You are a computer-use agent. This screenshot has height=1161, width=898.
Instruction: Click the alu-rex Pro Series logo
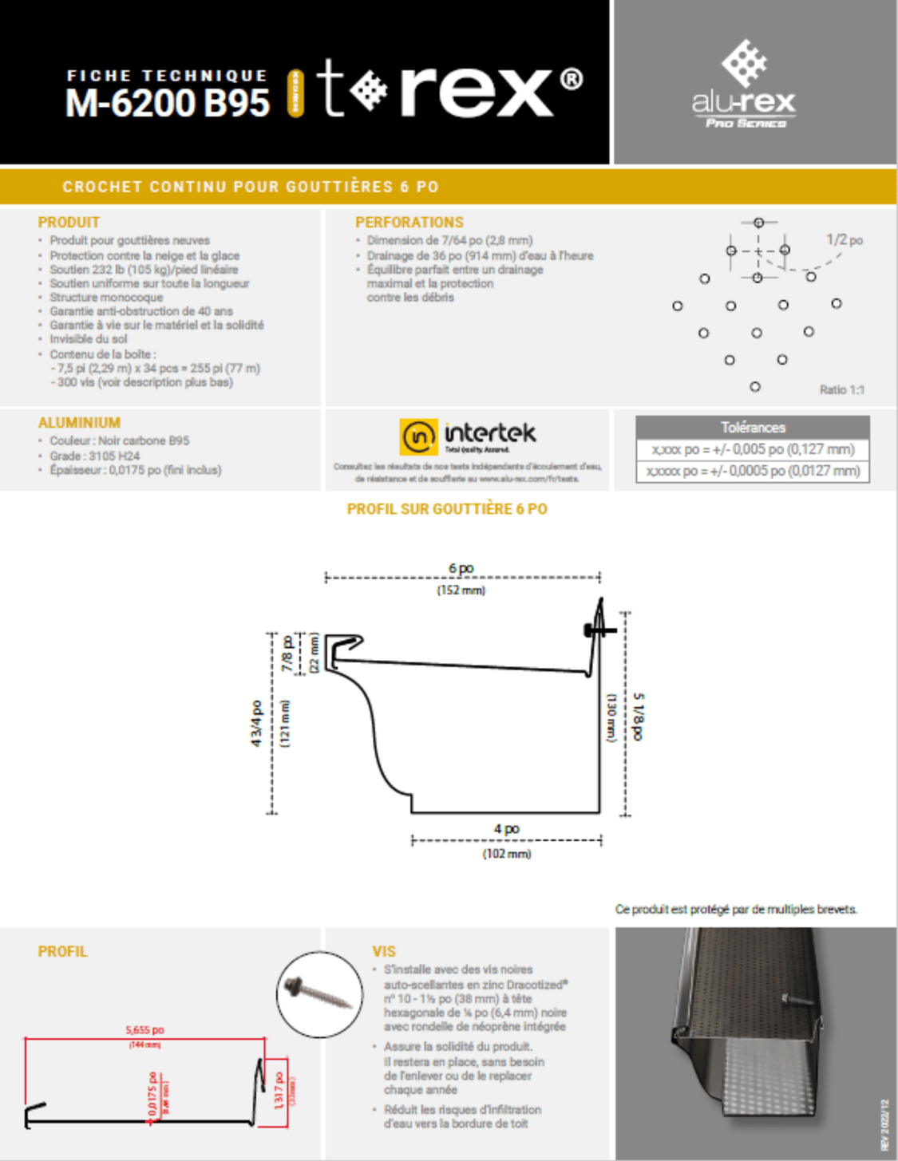coord(744,84)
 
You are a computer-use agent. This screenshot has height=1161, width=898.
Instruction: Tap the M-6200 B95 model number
coord(168,103)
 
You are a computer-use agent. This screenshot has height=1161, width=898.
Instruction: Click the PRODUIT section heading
coord(69,223)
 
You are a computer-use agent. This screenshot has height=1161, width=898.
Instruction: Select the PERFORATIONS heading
coord(409,223)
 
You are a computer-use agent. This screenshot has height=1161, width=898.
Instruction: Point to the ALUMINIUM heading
coord(79,423)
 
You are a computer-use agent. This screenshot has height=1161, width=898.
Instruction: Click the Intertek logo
coord(468,436)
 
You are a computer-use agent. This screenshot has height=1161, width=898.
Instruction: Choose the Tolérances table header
coord(753,428)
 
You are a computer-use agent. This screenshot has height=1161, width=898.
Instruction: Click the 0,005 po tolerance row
coord(753,449)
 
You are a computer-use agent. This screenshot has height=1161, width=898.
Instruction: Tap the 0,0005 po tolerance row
coord(753,471)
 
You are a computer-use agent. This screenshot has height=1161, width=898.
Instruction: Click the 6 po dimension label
coord(461,568)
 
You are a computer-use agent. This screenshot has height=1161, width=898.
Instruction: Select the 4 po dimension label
coord(506,829)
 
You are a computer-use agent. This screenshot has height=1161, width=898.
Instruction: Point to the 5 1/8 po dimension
coord(639,717)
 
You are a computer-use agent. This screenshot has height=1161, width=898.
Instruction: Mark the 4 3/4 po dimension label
coord(256,724)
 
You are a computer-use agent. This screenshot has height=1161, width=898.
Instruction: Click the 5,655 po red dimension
coord(144,1030)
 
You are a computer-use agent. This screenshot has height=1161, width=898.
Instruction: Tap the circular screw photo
coord(320,994)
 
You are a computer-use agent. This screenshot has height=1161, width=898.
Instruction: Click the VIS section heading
coord(384,951)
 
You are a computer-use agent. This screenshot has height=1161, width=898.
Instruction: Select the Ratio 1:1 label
coord(841,390)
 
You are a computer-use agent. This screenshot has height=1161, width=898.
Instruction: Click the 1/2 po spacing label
coord(844,239)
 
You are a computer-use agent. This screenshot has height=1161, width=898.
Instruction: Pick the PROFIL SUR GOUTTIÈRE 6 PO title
coord(447,509)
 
